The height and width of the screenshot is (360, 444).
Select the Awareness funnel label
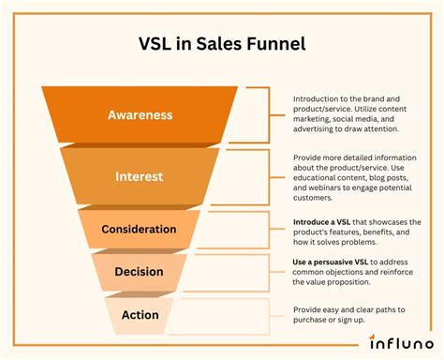(140, 115)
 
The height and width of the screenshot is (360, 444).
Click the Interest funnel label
(140, 175)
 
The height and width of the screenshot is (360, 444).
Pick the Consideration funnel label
(140, 229)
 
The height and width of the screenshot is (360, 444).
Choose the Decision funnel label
(140, 272)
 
